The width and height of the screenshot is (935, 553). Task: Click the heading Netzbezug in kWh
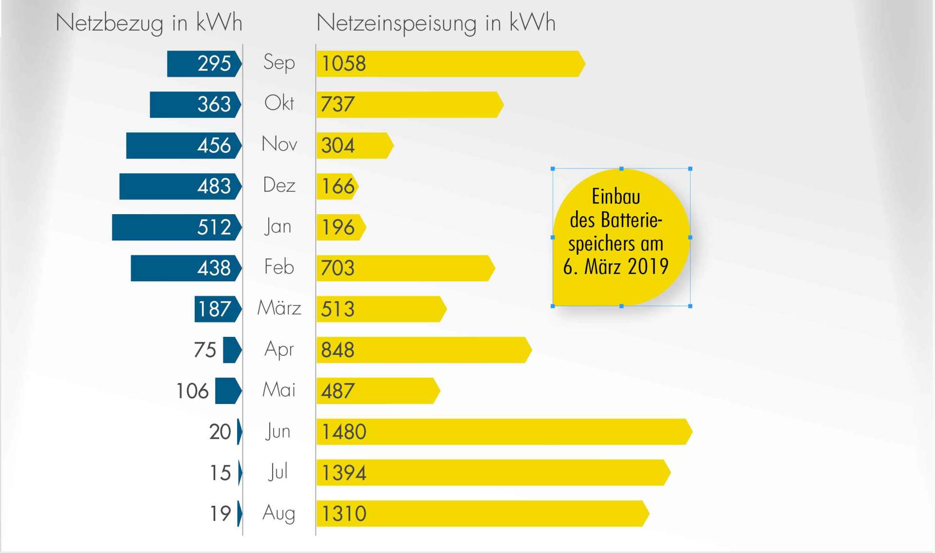(x=149, y=23)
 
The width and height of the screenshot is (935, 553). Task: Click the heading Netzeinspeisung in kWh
(x=436, y=23)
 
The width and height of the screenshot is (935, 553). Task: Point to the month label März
(x=279, y=308)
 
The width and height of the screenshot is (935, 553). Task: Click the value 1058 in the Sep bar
(x=344, y=64)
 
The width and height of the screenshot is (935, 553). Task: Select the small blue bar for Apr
(x=232, y=350)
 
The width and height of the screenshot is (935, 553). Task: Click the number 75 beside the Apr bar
(x=205, y=350)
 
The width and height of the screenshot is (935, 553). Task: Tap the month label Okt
(x=279, y=103)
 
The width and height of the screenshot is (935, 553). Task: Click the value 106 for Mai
(x=192, y=391)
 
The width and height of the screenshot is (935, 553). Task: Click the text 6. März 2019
(x=616, y=267)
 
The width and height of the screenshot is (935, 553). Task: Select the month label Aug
(x=279, y=514)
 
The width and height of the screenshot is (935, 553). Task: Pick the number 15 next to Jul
(x=220, y=473)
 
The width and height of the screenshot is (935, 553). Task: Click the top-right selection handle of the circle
(x=690, y=169)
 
